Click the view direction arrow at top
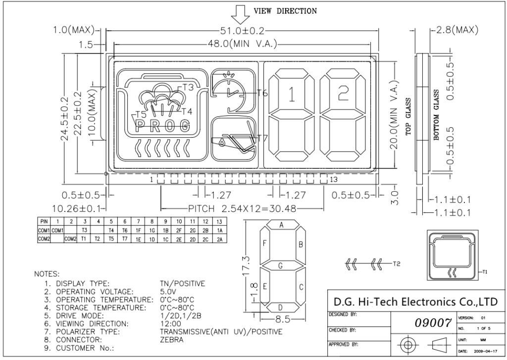pyautogui.click(x=242, y=14)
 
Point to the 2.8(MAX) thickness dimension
pyautogui.click(x=455, y=30)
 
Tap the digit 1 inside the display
pyautogui.click(x=292, y=93)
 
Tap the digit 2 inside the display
pyautogui.click(x=342, y=93)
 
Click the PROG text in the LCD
pyautogui.click(x=162, y=125)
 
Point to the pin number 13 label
pyautogui.click(x=334, y=179)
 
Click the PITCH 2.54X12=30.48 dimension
pyautogui.click(x=243, y=208)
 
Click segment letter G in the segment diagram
pyautogui.click(x=281, y=266)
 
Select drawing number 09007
pyautogui.click(x=428, y=324)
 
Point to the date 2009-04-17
pyautogui.click(x=484, y=351)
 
